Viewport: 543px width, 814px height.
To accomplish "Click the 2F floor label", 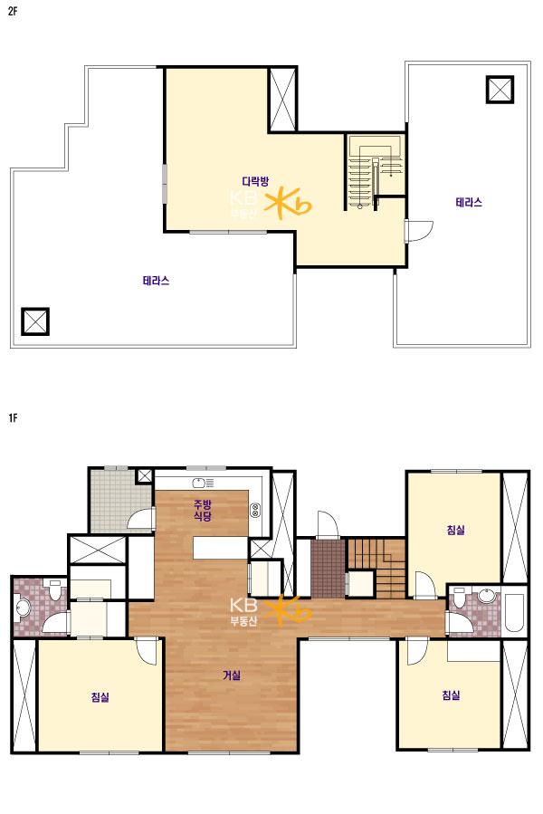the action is [x=13, y=12].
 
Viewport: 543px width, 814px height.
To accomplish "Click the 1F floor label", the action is [x=13, y=417].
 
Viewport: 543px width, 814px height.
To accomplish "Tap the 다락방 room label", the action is [x=255, y=181].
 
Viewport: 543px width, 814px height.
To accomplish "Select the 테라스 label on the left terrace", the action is [x=156, y=281].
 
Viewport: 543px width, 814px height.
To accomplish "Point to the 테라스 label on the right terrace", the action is [x=469, y=202].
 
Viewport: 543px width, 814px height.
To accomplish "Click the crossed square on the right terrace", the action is [x=500, y=90].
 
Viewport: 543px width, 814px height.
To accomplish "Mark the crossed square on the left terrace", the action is [x=35, y=321].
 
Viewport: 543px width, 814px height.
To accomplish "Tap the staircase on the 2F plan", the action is [x=375, y=172].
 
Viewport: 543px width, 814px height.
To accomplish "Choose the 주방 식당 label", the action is [x=203, y=510].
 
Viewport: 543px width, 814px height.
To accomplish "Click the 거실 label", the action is [x=232, y=675].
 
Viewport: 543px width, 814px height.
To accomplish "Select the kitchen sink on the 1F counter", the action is [x=203, y=484].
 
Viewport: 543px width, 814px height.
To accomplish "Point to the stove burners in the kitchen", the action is [x=255, y=510].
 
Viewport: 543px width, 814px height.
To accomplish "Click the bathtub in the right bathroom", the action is [x=513, y=613].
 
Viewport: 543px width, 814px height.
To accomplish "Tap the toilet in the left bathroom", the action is [x=53, y=589].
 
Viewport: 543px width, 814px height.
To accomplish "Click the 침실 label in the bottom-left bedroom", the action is [x=100, y=697].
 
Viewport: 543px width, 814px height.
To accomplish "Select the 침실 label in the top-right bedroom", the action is [x=455, y=530].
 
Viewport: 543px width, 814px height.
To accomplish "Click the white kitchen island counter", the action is [x=220, y=548].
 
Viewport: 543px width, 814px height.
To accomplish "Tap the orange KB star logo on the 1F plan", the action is [x=289, y=609].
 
